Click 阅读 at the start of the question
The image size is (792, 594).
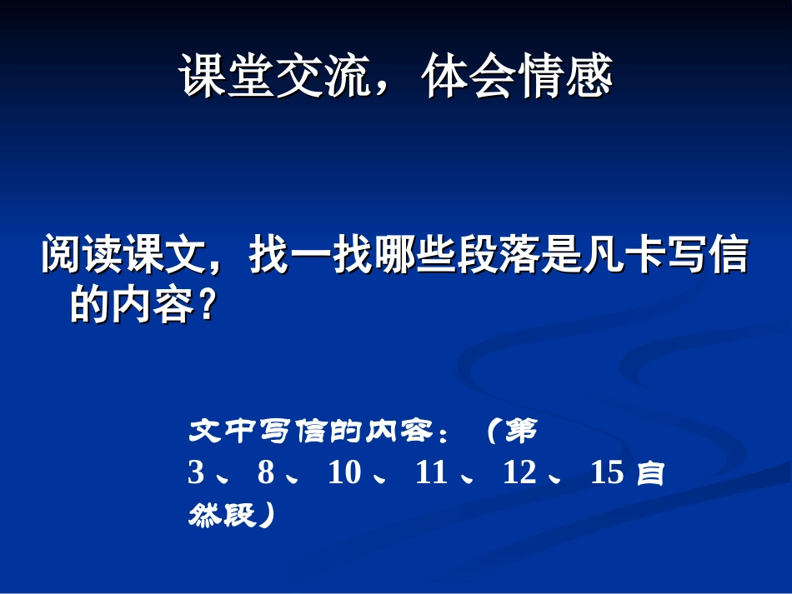coord(83,257)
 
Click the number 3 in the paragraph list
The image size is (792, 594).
coord(196,473)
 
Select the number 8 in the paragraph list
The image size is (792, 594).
coord(266,473)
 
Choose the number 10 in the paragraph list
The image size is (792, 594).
coord(344,473)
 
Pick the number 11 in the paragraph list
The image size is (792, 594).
coord(431,473)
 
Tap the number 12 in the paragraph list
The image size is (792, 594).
coord(519,473)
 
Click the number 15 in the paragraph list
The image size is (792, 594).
coord(607,473)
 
